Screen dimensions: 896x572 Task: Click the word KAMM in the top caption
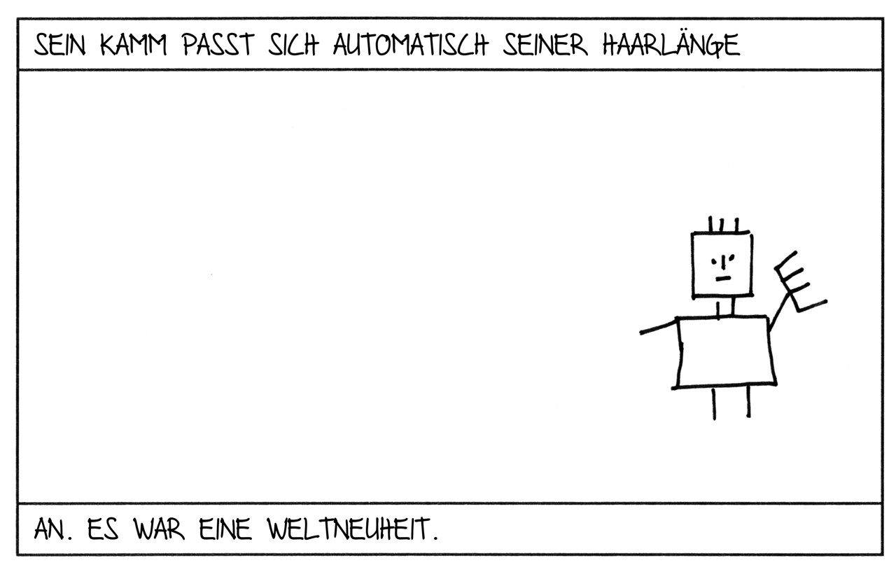133,44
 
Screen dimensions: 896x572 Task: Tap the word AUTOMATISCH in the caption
411,44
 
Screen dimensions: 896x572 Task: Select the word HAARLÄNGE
671,43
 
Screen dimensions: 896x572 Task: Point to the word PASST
218,44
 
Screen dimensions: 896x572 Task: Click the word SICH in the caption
293,44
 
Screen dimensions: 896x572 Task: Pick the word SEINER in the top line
545,44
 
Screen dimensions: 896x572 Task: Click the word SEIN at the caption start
60,44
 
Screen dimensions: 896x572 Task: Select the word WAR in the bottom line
159,529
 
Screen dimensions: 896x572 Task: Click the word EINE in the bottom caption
225,529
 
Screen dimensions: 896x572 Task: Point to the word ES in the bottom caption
103,529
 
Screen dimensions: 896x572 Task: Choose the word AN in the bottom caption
50,529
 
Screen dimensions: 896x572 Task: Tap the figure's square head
722,265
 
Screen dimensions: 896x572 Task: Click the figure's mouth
723,279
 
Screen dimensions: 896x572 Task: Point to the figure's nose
723,264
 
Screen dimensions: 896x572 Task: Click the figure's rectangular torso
725,352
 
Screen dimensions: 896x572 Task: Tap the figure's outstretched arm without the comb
659,327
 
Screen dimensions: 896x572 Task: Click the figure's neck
726,307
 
